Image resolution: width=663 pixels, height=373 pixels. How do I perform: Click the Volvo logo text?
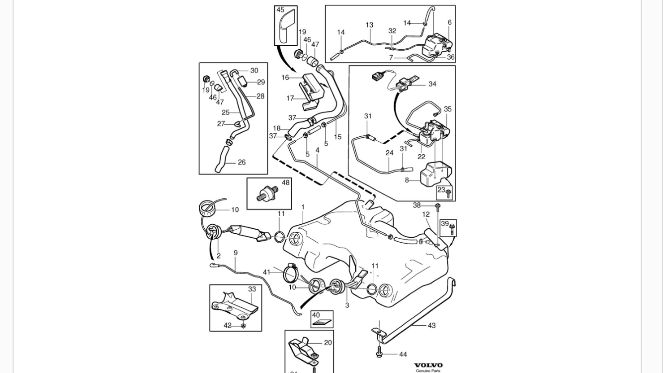click(x=428, y=365)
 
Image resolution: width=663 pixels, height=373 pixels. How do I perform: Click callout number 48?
click(x=285, y=183)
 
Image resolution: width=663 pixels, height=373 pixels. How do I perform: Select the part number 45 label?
click(x=280, y=10)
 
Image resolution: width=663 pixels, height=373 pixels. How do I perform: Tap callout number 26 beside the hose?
click(x=242, y=162)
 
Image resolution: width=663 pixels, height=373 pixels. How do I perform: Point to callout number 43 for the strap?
click(x=431, y=325)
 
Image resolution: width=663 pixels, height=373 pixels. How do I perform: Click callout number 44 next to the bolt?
click(x=403, y=355)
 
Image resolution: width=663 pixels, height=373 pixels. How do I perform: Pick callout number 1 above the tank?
click(x=303, y=207)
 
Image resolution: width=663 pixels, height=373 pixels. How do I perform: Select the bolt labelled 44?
click(x=379, y=354)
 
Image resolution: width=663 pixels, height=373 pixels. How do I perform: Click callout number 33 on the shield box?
click(x=252, y=289)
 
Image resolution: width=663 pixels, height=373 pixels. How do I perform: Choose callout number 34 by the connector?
click(x=432, y=84)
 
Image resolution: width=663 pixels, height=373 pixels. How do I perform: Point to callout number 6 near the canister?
click(x=449, y=22)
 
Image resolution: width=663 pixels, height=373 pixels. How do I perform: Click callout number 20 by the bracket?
click(x=328, y=343)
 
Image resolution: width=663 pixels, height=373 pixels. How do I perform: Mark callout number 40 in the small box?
click(x=316, y=315)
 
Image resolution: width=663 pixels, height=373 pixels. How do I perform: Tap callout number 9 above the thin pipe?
click(x=235, y=253)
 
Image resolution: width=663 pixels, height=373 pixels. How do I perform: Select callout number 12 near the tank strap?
click(x=426, y=214)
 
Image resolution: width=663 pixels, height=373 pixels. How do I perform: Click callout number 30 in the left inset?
click(x=254, y=71)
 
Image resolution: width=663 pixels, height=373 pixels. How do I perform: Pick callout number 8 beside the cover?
click(x=407, y=180)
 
